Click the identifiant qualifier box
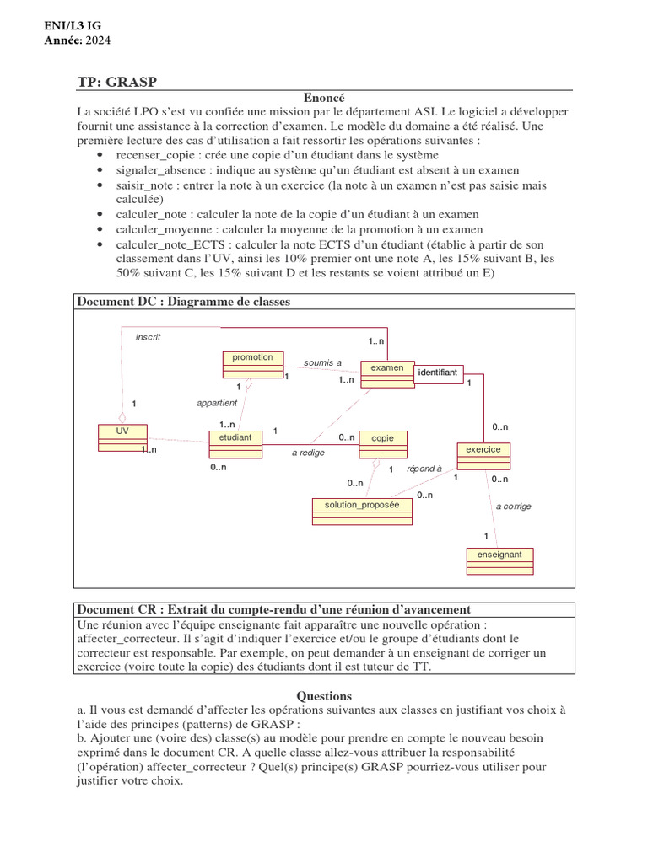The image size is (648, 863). pyautogui.click(x=438, y=373)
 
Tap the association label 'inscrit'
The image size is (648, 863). pyautogui.click(x=148, y=337)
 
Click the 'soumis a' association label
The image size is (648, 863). pyautogui.click(x=322, y=363)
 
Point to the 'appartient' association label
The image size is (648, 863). pyautogui.click(x=217, y=403)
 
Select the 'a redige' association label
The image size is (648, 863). pyautogui.click(x=308, y=453)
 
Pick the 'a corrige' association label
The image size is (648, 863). pyautogui.click(x=514, y=507)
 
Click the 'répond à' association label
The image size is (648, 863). pyautogui.click(x=424, y=469)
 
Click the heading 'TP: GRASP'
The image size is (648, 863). pyautogui.click(x=117, y=82)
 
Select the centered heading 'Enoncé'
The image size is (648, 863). pyautogui.click(x=324, y=98)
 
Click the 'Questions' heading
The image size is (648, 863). pyautogui.click(x=324, y=696)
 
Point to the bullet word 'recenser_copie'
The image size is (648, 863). pyautogui.click(x=154, y=155)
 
